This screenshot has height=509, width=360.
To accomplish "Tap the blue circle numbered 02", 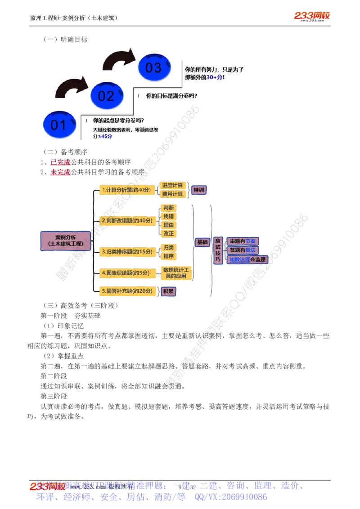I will point(106,96).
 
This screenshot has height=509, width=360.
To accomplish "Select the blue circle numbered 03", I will point(153,67).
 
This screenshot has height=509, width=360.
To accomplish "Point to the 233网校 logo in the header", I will point(312,16).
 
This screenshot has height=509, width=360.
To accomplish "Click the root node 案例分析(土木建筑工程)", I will point(66,240).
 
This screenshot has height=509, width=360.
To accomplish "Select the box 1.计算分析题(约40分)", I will point(126,190).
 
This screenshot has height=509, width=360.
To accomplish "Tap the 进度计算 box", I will point(172,185).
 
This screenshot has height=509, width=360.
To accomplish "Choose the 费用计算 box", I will point(172,194).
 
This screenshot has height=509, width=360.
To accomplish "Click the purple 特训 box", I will point(198,190).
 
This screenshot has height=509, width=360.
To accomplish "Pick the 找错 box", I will point(169,216).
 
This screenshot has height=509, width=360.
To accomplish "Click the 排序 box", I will point(169,256).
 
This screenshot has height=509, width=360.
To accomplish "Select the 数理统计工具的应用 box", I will point(177,272).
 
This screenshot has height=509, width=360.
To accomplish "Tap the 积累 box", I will point(169,291).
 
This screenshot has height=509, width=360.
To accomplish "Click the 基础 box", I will point(202,242).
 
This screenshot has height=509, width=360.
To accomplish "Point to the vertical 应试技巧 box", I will point(218,250).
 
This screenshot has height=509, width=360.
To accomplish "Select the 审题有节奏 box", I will point(243,241).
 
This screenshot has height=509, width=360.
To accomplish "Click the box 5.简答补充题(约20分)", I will point(127,291).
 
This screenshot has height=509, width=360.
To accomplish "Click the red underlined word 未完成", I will point(60,172).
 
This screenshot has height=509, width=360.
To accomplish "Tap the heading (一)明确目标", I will point(65,40).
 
